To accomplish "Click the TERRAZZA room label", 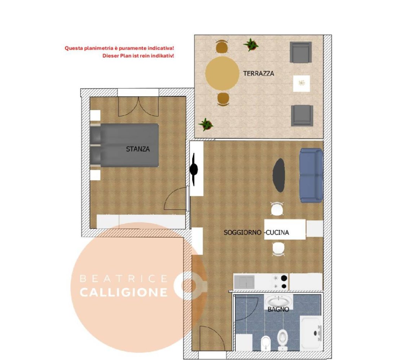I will coord(258,73).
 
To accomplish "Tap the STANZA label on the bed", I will coord(138,149).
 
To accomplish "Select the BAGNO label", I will coord(278,309).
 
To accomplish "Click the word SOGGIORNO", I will coord(242,233).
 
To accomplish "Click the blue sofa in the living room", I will coord(311,175).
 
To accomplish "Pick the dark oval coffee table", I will coord(279,175).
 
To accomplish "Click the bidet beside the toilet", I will coord(265,342).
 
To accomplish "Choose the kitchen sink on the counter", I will coord(244,281).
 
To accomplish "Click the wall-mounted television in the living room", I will coord(194,169).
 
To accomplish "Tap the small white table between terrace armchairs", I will coord(301,84).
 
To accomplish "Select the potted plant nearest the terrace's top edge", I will coord(251,45).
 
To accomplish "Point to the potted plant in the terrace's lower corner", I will coord(206,125).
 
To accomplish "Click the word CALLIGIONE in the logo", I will coord(124,292).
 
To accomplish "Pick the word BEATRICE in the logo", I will coord(124,279).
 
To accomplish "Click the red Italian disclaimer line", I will coord(122,48).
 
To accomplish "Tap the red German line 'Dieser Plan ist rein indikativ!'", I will coord(138,56).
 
